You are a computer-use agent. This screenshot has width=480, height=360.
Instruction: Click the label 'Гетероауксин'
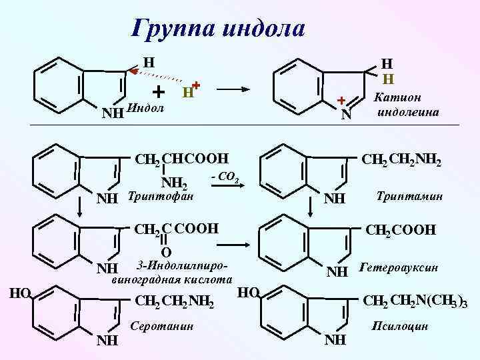[x=398, y=269]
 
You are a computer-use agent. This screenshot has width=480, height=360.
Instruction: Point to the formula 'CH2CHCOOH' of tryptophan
[x=181, y=159]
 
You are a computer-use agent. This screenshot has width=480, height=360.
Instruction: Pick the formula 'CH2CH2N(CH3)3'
[x=414, y=303]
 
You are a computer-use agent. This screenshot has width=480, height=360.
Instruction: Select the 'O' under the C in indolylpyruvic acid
[x=167, y=252]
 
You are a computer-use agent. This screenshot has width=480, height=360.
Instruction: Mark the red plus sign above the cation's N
[x=340, y=101]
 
